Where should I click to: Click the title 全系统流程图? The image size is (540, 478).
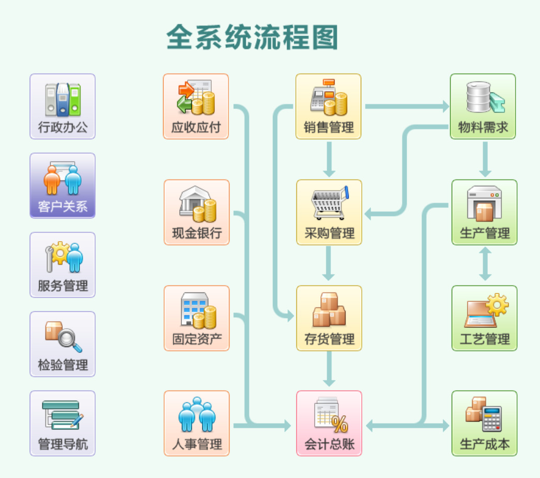tap(252, 37)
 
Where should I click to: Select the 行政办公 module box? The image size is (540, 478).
tap(63, 106)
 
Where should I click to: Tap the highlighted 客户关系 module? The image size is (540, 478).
tap(63, 186)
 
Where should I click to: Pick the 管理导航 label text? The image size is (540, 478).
tap(63, 445)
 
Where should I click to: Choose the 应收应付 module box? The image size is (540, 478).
tap(196, 106)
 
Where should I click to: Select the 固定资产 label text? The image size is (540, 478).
tap(197, 339)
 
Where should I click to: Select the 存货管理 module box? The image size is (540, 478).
tap(329, 317)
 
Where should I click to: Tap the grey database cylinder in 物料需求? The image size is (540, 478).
tap(478, 97)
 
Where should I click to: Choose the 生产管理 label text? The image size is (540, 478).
tap(485, 233)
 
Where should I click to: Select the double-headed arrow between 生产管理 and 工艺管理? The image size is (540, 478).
tap(485, 264)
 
